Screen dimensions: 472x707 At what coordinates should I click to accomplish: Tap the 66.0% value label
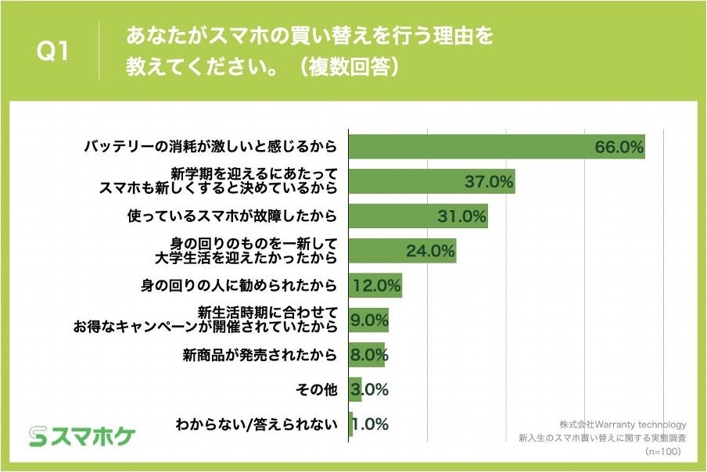click(619, 147)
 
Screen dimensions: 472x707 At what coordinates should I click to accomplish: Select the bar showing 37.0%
click(431, 181)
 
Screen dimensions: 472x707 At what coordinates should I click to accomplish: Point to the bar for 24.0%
click(401, 251)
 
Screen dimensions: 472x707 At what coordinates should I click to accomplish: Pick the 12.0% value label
click(377, 285)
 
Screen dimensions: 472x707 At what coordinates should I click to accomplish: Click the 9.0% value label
click(370, 320)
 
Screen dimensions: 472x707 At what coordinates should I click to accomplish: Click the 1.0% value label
click(370, 424)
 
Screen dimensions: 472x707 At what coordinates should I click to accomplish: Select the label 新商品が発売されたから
click(260, 356)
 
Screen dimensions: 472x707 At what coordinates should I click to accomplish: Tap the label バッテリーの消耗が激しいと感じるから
click(210, 147)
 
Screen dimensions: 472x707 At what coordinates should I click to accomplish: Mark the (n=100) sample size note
click(662, 452)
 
